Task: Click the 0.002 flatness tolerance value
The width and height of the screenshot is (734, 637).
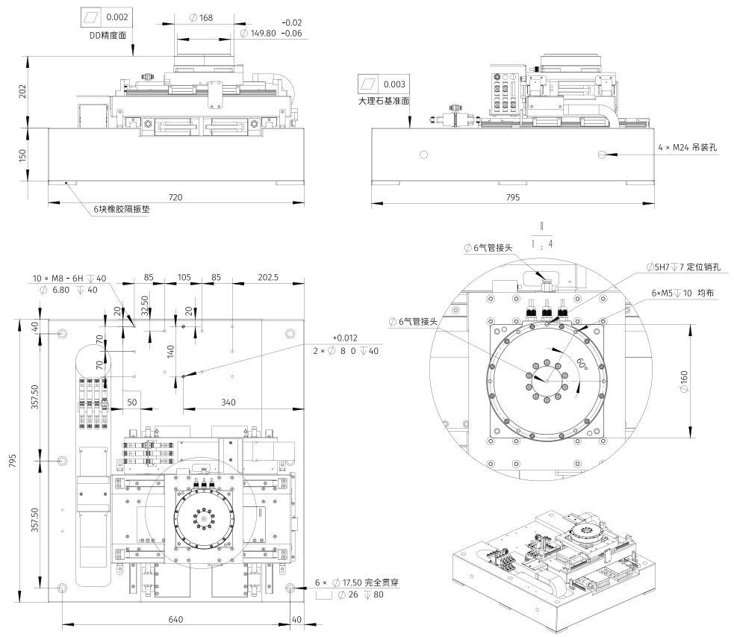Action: tap(117, 16)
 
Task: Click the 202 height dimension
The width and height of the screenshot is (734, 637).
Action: tap(22, 91)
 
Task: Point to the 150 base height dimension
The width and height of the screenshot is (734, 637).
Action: tap(22, 155)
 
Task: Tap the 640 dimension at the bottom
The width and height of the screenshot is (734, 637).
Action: tap(175, 619)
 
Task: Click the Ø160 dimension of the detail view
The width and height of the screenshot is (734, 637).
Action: tap(695, 382)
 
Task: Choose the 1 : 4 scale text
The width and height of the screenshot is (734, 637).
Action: tap(542, 244)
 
